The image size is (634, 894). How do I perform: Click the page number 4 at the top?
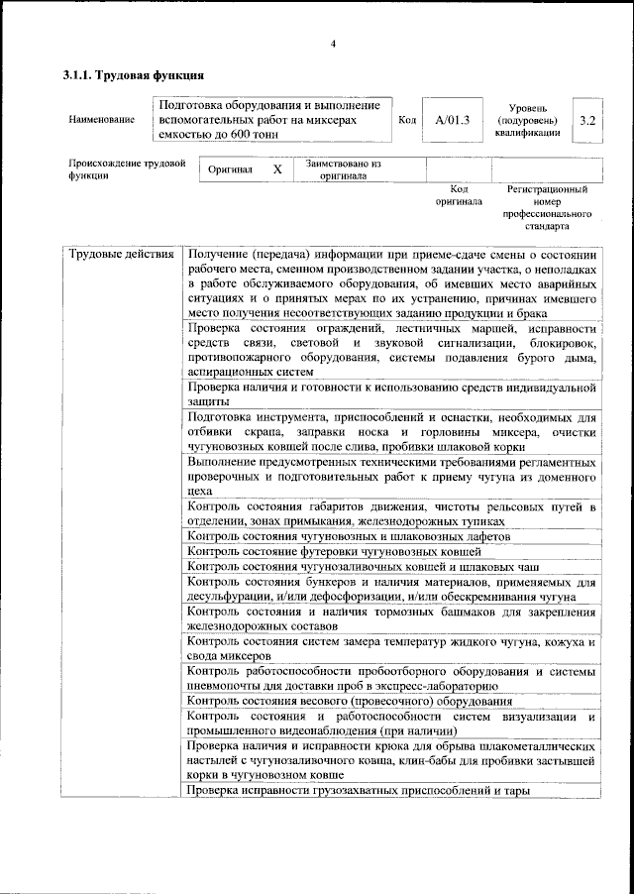(x=333, y=43)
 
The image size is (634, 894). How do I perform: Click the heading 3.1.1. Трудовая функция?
(x=134, y=74)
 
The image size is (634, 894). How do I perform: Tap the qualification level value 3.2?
(x=587, y=120)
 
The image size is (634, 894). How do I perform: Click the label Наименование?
(x=102, y=120)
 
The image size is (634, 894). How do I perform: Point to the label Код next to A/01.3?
(x=406, y=120)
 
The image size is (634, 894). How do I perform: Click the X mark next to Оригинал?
(x=277, y=169)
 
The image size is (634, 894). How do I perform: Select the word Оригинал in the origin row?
(x=230, y=169)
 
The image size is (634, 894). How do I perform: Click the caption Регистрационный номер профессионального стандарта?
(x=547, y=207)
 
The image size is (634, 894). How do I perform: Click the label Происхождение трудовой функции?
(x=126, y=169)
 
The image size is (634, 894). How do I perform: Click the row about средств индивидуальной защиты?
(x=391, y=394)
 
